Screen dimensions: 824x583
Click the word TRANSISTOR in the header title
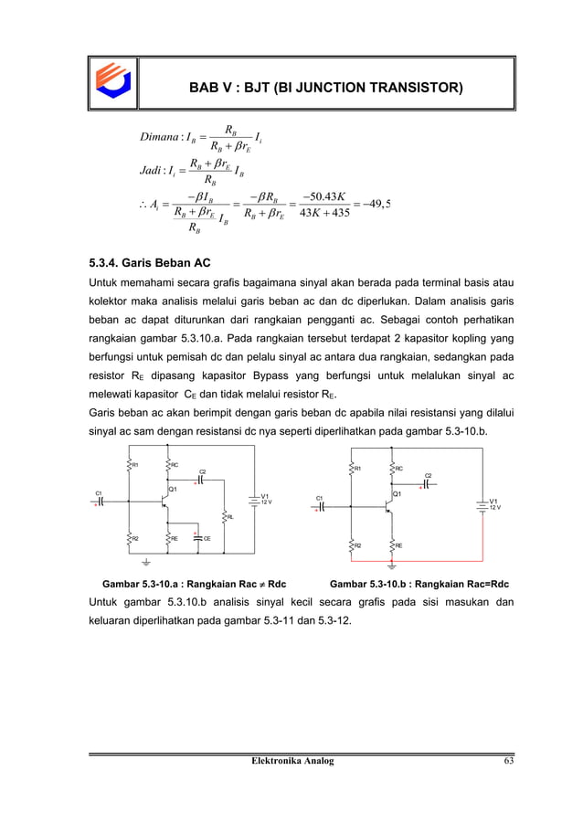coord(408,88)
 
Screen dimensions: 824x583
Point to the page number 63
coord(493,760)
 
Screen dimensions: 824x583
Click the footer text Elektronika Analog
coord(292,760)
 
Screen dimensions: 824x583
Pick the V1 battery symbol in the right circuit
coord(482,504)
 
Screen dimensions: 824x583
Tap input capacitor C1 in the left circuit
coord(101,501)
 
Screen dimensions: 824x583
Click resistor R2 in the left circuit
coord(131,538)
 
